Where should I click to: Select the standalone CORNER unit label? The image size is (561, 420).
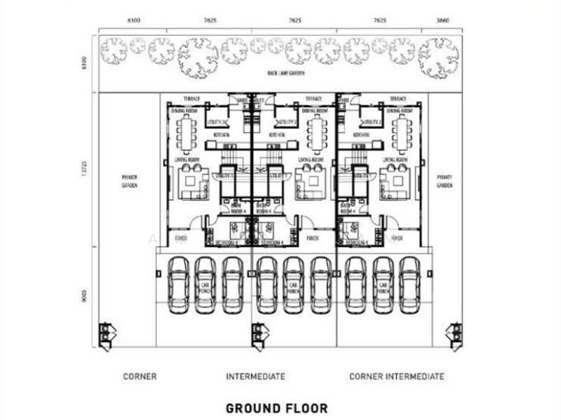click(x=140, y=377)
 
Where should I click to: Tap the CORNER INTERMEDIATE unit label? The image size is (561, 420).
click(x=396, y=377)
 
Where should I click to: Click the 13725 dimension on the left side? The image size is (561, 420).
click(x=83, y=168)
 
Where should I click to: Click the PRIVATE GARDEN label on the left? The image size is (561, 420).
click(x=128, y=182)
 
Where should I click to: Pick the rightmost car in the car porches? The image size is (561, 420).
click(x=409, y=285)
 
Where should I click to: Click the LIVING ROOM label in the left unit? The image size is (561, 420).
click(x=184, y=160)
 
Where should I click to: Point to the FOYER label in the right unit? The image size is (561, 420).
click(x=397, y=238)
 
